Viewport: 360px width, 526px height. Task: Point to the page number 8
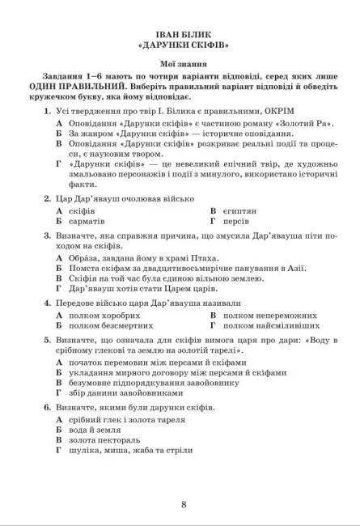(184, 505)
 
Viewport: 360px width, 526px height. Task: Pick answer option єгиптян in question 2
(239, 210)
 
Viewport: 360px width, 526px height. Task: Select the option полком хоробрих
(106, 315)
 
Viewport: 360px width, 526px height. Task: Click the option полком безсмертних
(111, 325)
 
